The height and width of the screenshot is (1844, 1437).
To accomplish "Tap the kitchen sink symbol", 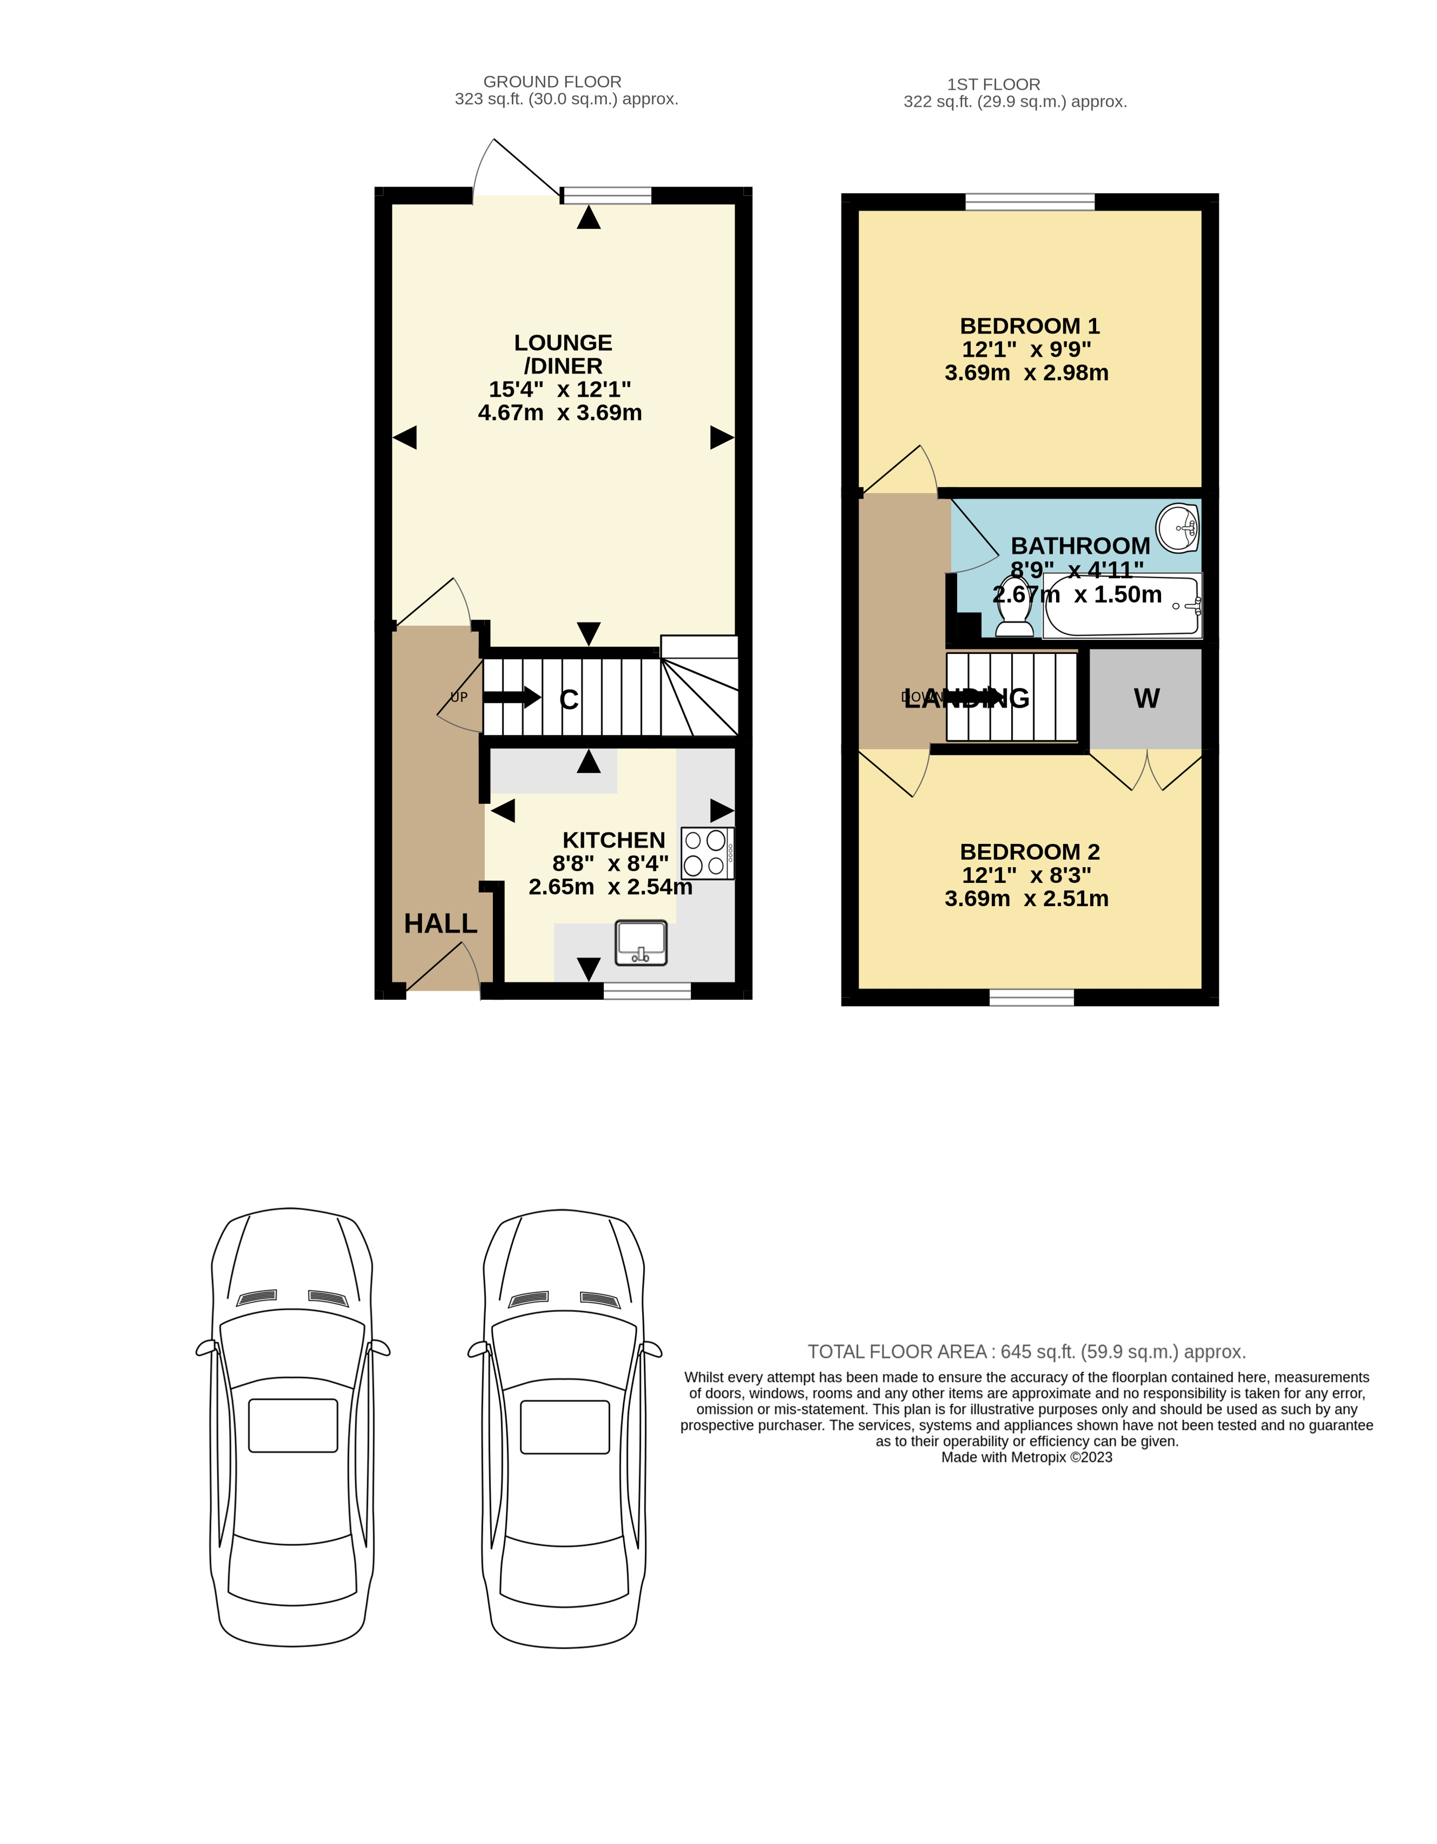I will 641,943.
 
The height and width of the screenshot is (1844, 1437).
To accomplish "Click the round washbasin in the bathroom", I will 1177,528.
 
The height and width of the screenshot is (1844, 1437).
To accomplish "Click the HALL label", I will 440,924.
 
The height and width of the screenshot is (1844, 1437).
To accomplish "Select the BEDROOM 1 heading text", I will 1029,326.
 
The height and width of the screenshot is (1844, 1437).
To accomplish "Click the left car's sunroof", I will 292,1426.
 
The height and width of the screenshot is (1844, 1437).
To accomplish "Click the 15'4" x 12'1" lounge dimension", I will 559,389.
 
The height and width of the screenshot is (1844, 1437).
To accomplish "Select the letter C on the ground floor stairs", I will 568,700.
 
